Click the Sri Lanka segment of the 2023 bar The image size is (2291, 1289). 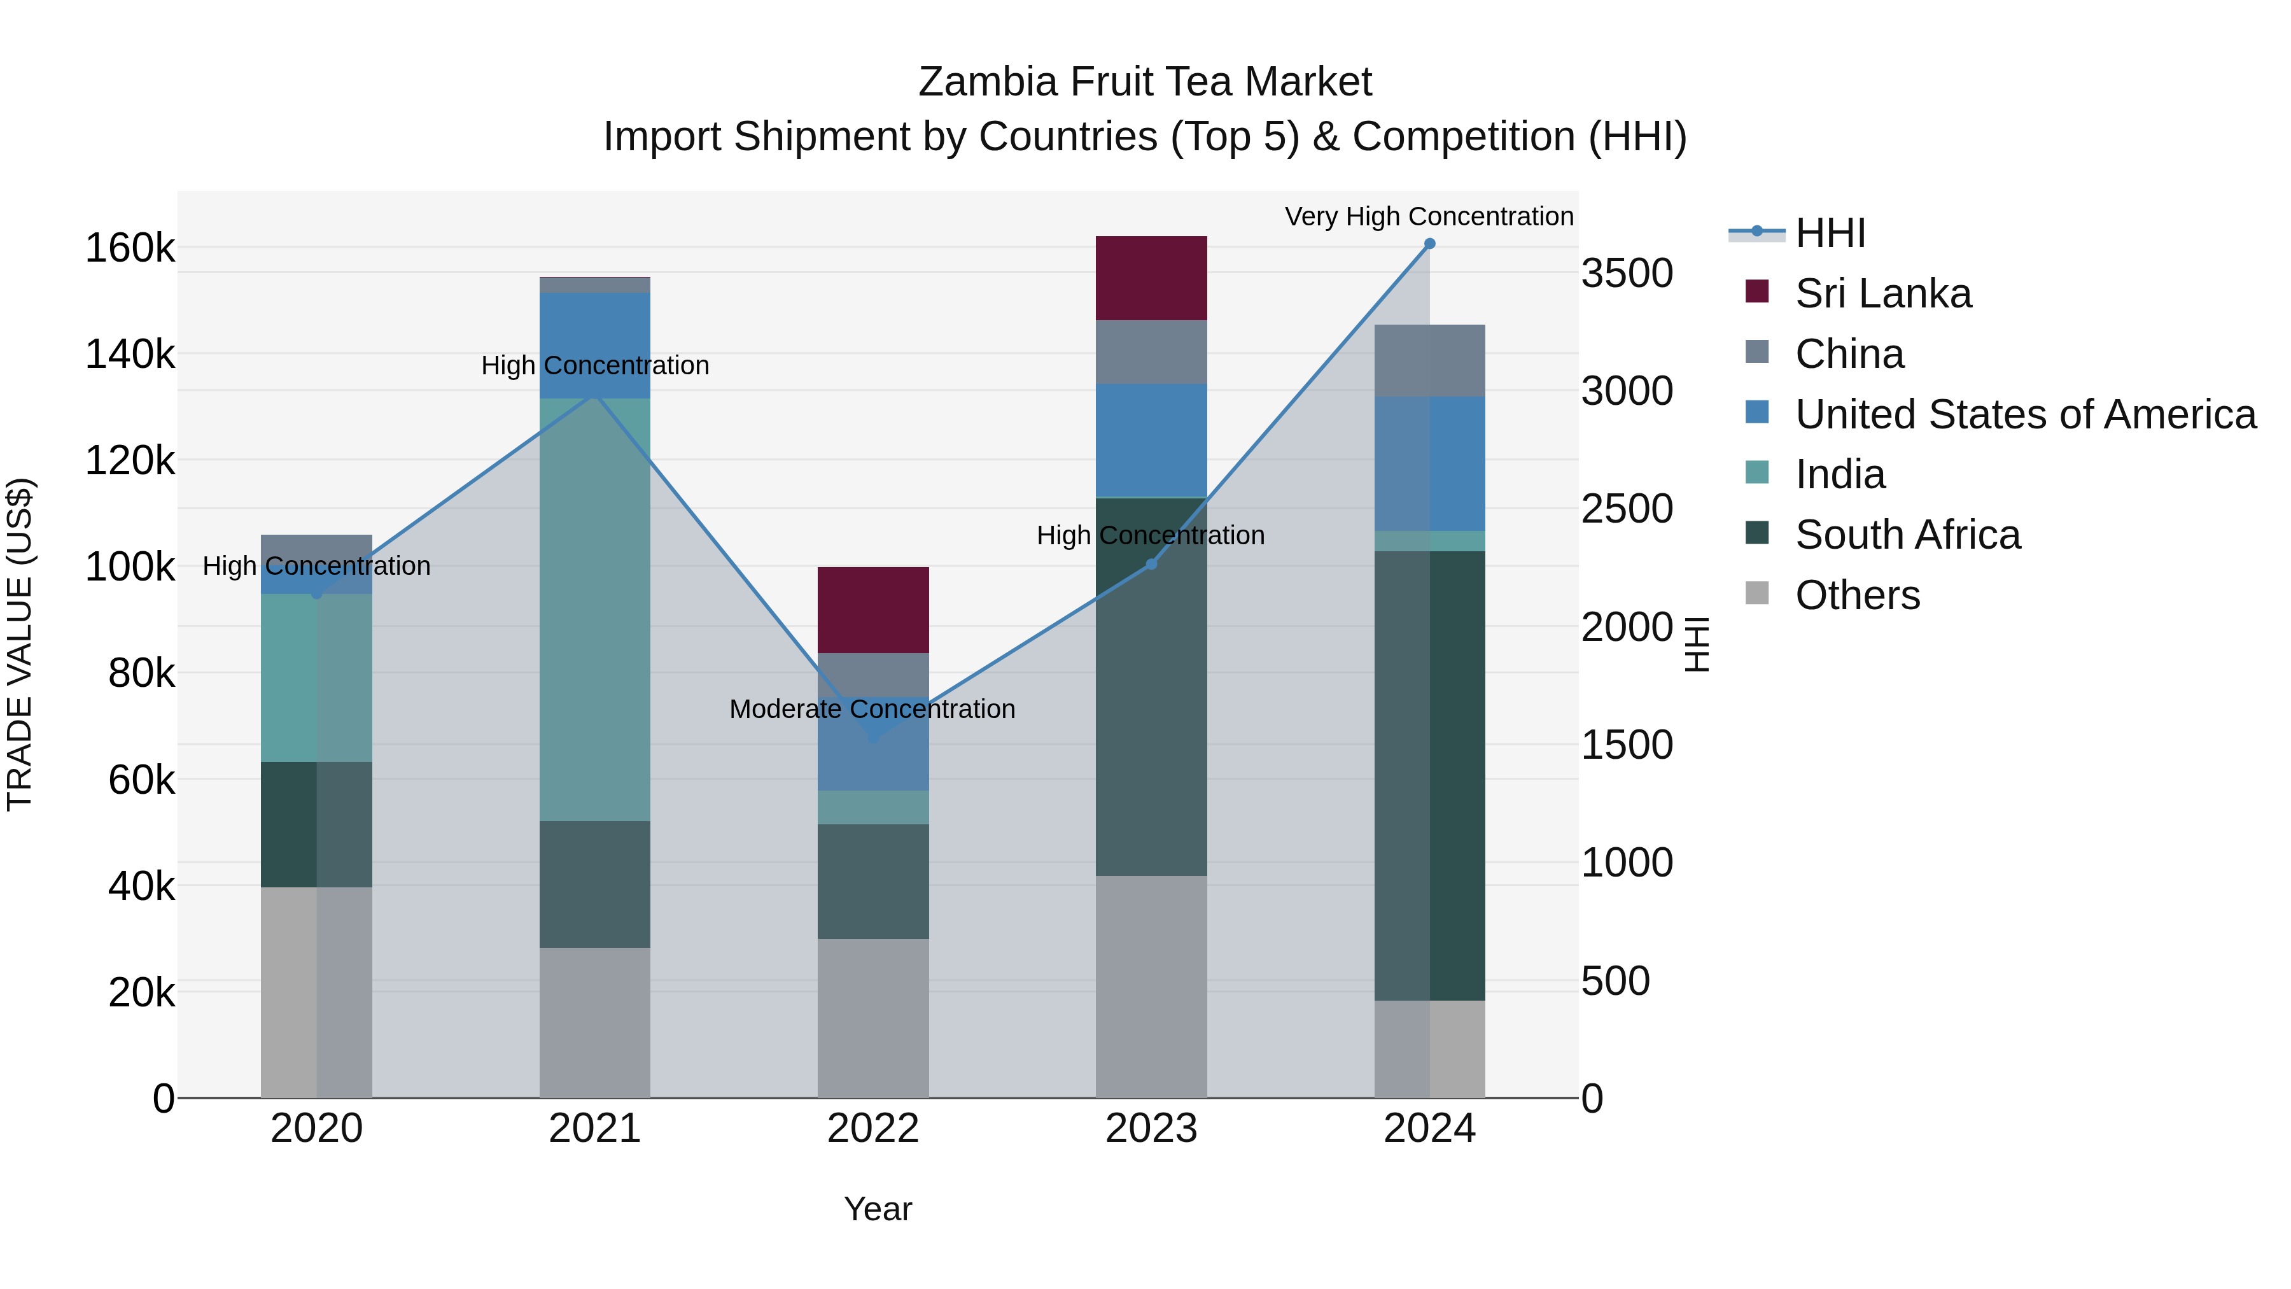(x=1151, y=278)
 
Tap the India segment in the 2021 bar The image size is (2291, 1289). (x=594, y=609)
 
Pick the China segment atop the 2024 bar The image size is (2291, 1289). (x=1429, y=360)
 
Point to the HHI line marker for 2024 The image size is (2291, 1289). (x=1429, y=244)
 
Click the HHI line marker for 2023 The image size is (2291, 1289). (x=1151, y=564)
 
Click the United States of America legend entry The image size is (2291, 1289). (x=2024, y=414)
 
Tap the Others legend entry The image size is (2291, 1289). (x=1857, y=595)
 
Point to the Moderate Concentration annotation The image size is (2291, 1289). (x=872, y=709)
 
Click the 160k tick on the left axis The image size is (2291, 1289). (x=130, y=248)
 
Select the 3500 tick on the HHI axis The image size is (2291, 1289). (x=1626, y=273)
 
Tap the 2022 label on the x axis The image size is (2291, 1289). (x=872, y=1129)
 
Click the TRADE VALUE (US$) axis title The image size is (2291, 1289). (x=20, y=644)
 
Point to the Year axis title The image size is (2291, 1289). (x=877, y=1209)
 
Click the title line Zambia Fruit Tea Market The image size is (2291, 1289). (x=1145, y=82)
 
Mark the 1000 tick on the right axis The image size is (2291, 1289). (x=1626, y=863)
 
